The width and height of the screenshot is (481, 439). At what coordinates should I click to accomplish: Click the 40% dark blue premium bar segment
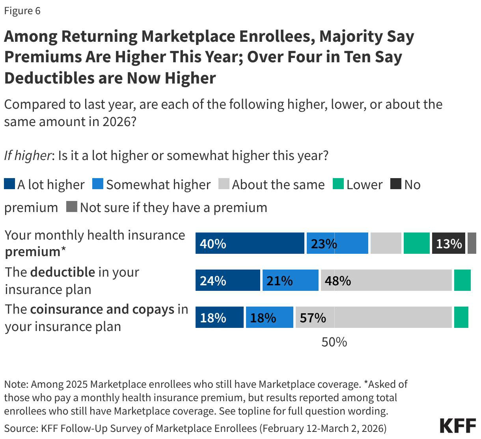250,243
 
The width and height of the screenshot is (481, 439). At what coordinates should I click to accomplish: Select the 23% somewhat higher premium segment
337,243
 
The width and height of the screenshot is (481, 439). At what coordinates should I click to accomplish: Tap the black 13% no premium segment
448,243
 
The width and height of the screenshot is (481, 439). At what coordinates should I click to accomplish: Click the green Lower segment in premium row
416,243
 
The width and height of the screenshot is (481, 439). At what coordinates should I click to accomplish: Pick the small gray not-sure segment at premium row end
472,243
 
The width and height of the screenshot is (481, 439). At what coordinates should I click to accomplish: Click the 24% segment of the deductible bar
227,280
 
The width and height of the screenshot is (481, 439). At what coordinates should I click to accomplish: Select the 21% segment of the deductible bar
290,280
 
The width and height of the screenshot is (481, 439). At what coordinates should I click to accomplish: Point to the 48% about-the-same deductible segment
386,280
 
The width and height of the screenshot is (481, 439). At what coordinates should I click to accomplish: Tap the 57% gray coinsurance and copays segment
373,317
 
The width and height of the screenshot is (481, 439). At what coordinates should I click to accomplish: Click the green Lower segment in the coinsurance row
461,317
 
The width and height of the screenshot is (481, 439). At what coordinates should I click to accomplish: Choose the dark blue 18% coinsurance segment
219,317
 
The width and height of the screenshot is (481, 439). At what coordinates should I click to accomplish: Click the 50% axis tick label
334,342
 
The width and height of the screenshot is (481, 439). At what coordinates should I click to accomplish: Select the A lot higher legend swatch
9,184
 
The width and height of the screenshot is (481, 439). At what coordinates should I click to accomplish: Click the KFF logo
457,426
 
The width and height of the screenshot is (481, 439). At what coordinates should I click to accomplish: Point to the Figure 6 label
22,11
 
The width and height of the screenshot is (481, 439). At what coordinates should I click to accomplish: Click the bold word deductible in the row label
62,272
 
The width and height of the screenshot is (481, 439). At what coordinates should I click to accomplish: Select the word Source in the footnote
20,428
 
